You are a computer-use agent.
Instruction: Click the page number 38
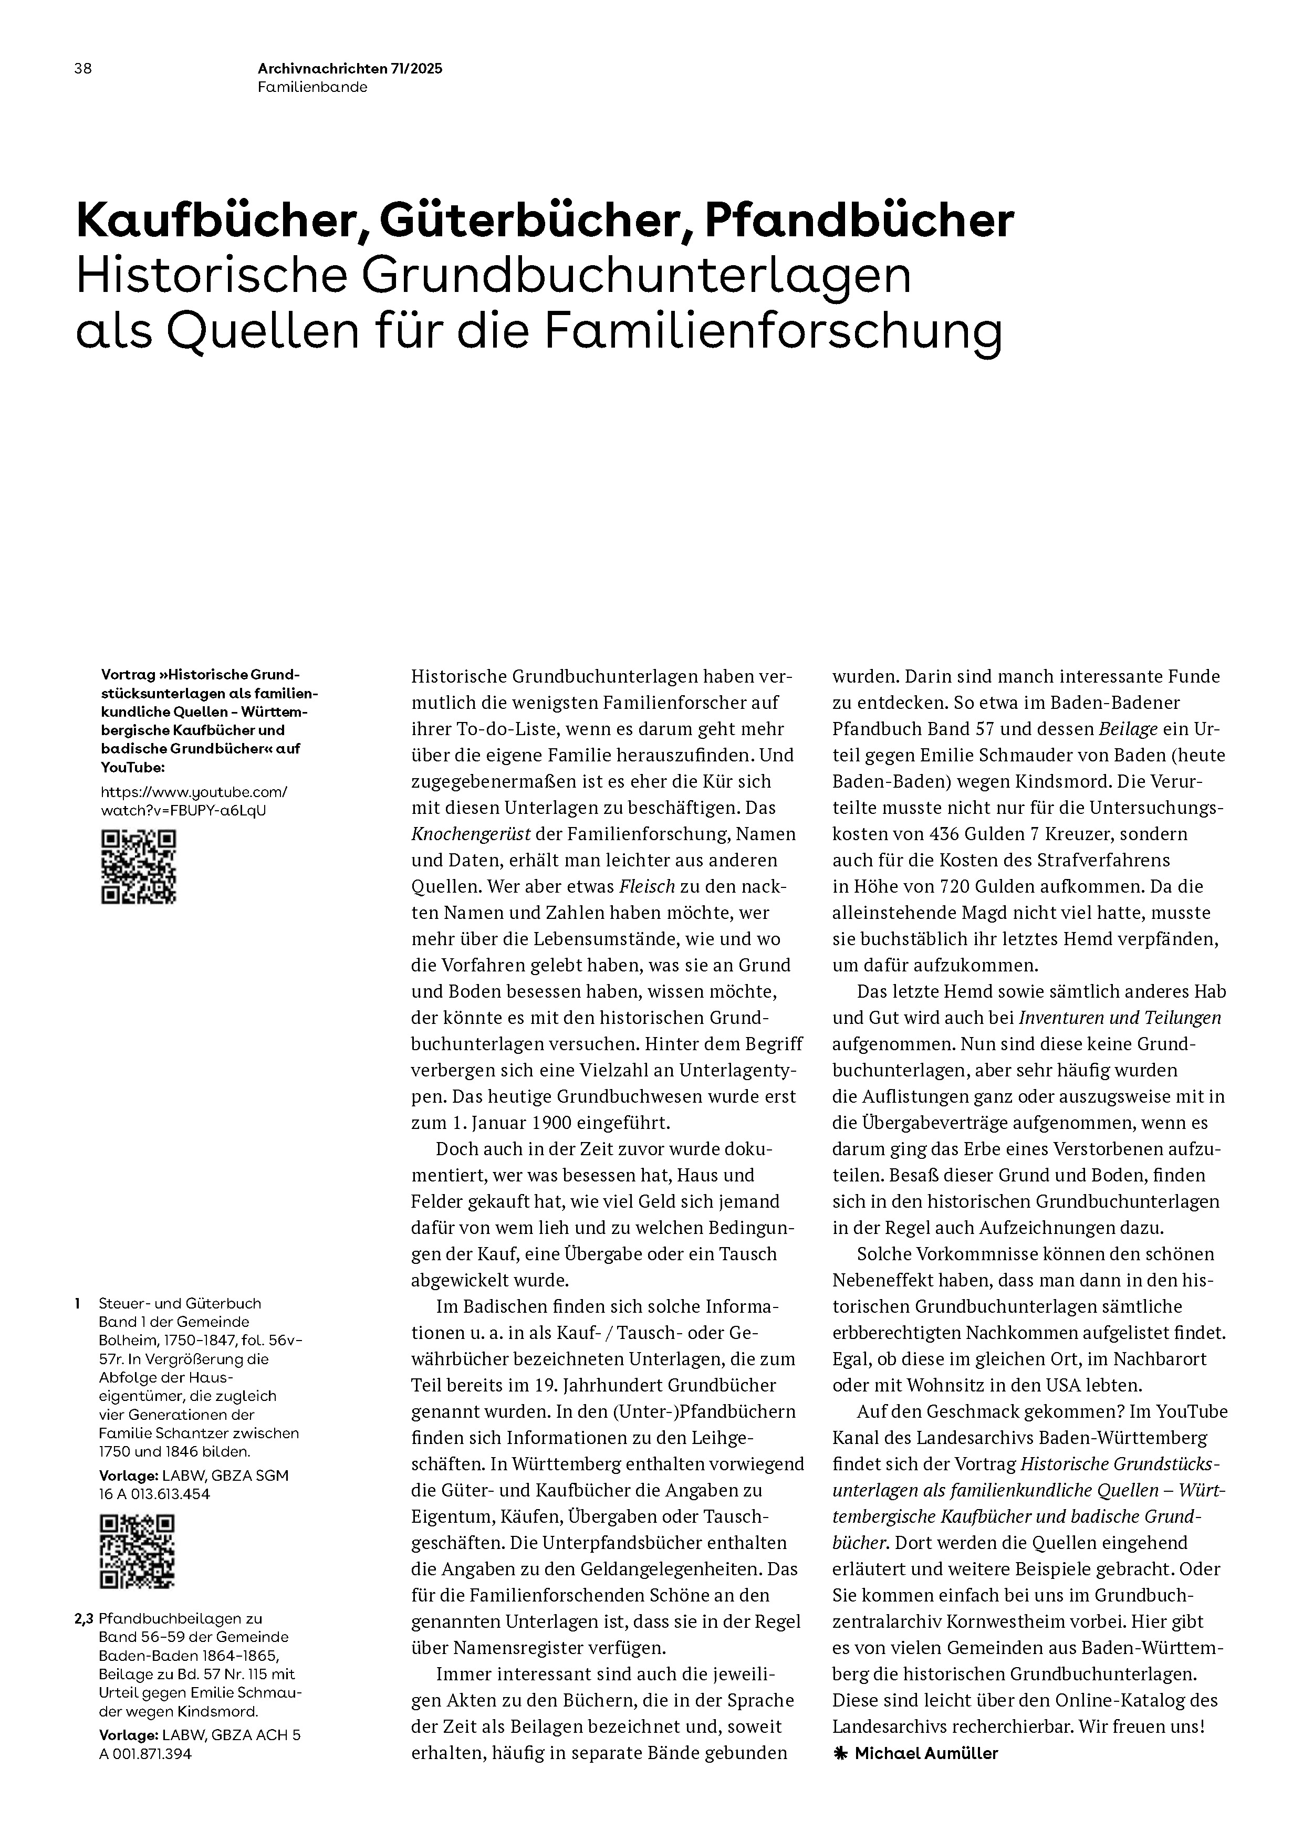click(82, 69)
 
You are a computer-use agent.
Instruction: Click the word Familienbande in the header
click(312, 88)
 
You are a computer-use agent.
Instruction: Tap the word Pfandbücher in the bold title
click(859, 221)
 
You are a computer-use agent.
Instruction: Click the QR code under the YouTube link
click(138, 867)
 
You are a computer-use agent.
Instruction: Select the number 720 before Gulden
click(944, 886)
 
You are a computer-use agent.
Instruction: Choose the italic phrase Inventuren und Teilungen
click(1119, 1017)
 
